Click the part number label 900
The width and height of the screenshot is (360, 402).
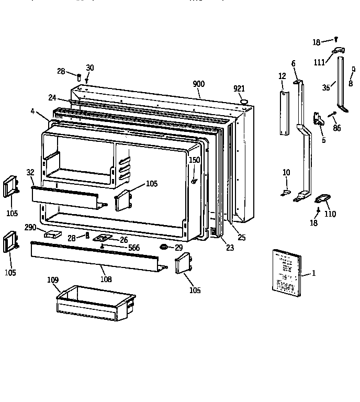click(x=199, y=84)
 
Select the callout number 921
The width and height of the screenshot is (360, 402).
click(x=239, y=89)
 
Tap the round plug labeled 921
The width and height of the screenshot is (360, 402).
click(x=242, y=100)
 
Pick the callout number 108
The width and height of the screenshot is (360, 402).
click(x=106, y=280)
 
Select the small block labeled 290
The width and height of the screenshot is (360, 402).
click(x=53, y=234)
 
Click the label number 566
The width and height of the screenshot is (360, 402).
click(x=134, y=248)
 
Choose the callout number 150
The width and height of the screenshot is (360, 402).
click(x=194, y=160)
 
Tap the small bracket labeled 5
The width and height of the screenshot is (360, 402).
click(x=318, y=120)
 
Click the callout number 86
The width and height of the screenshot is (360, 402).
click(x=336, y=128)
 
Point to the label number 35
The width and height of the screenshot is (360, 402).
click(x=326, y=88)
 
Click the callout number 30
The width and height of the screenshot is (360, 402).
click(x=90, y=68)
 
